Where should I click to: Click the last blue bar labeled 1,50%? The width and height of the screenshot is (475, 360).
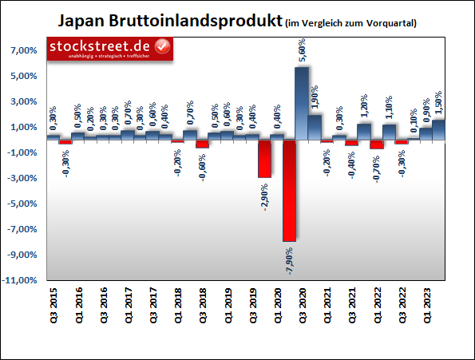pos(439,129)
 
